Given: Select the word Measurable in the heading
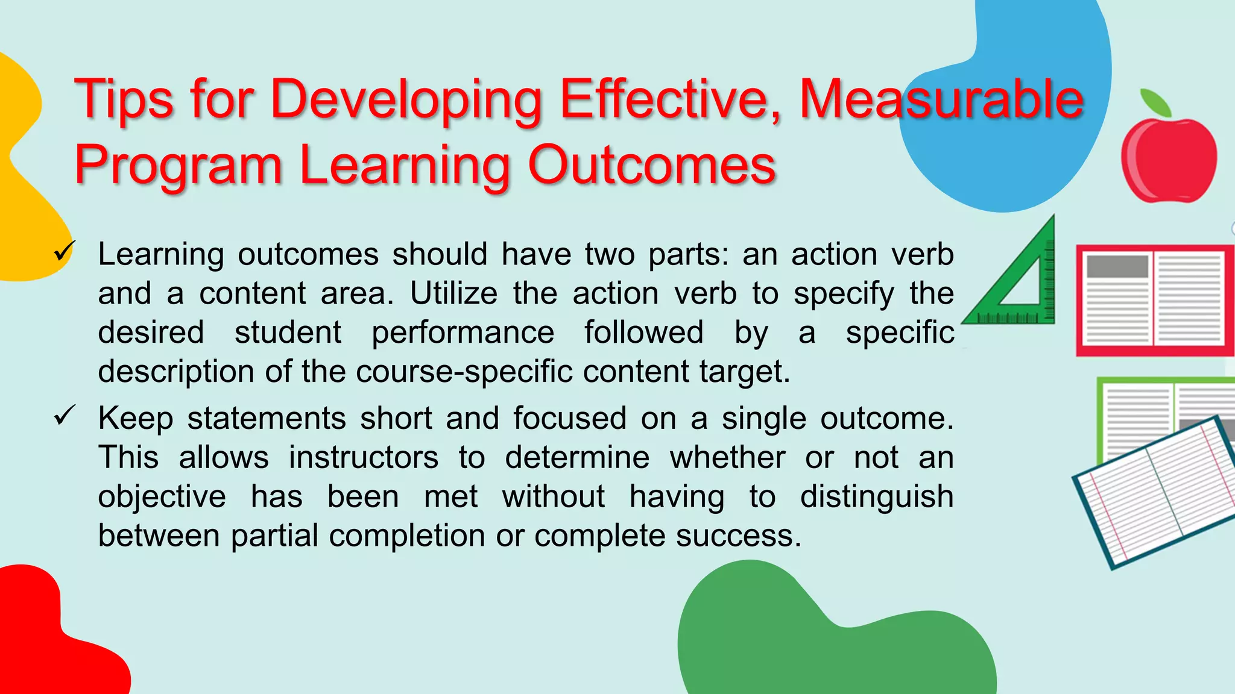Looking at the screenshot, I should click(941, 99).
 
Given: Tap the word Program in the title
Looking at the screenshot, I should click(178, 166).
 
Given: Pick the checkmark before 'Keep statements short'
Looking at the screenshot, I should click(64, 415).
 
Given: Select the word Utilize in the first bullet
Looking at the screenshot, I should click(454, 294).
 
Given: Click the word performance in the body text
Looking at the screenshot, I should click(463, 333).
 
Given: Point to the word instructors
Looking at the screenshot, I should click(364, 458).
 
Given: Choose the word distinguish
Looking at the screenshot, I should click(876, 498).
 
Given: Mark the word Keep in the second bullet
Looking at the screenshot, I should click(135, 419).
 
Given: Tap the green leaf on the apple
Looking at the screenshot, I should click(1155, 102).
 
